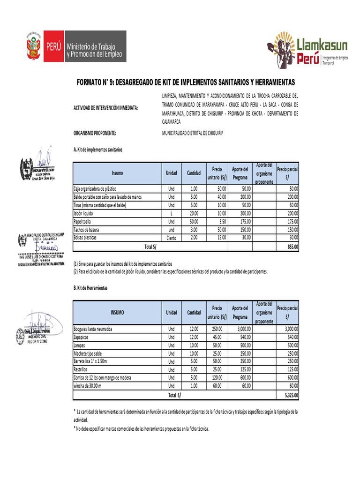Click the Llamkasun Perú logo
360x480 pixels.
(307, 50)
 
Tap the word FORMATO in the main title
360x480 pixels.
(92, 82)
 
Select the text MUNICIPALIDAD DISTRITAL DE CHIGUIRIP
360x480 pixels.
(193, 133)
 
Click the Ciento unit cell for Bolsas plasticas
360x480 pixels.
(171, 238)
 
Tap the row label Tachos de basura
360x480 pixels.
(89, 230)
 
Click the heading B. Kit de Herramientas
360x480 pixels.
(90, 288)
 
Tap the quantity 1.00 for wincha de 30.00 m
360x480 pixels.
(194, 386)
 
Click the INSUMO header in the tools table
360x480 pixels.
(117, 312)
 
